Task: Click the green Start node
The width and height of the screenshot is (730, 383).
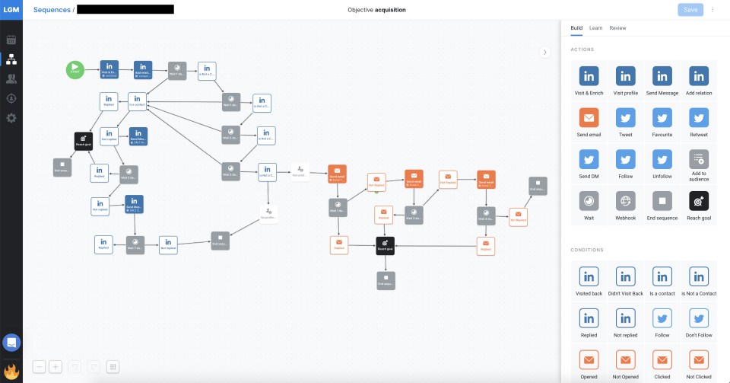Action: (75, 70)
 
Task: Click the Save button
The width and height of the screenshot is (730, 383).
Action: (690, 10)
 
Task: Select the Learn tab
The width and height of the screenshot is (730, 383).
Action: (595, 28)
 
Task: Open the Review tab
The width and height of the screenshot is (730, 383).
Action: (617, 28)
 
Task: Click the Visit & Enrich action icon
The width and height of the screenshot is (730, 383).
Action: (589, 76)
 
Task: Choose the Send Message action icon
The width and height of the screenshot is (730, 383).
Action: (662, 76)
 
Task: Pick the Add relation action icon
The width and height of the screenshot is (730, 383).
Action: (699, 76)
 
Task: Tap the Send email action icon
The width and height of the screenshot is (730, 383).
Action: (589, 118)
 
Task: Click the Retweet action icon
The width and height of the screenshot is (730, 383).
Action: (699, 118)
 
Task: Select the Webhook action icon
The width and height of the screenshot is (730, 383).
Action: (625, 200)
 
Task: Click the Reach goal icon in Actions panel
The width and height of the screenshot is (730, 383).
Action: (699, 200)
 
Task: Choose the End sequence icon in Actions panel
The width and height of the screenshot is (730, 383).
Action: (662, 200)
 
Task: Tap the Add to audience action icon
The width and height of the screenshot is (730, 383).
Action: (699, 159)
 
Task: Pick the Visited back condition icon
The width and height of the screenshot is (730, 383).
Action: (589, 276)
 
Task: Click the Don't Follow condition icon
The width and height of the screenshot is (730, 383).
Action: (699, 318)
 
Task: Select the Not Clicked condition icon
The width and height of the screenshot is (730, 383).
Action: (699, 359)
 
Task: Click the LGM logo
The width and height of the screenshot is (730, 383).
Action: (11, 10)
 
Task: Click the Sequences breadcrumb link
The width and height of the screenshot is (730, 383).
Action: (51, 10)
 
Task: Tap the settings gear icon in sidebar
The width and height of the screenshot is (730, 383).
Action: (11, 118)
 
